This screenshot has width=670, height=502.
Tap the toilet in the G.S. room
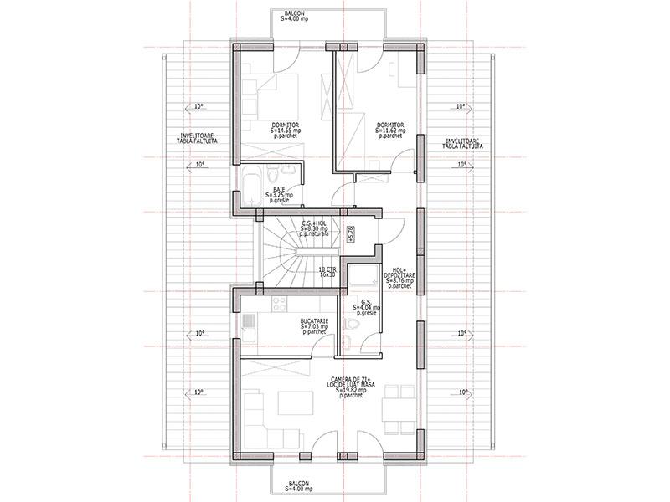coord(353,322)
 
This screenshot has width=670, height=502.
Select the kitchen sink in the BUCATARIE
coord(248,321)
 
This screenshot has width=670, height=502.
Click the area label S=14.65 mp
coord(285,131)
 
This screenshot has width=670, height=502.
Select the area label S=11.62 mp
coord(390,131)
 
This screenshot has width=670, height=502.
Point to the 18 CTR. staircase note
coord(327,272)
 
